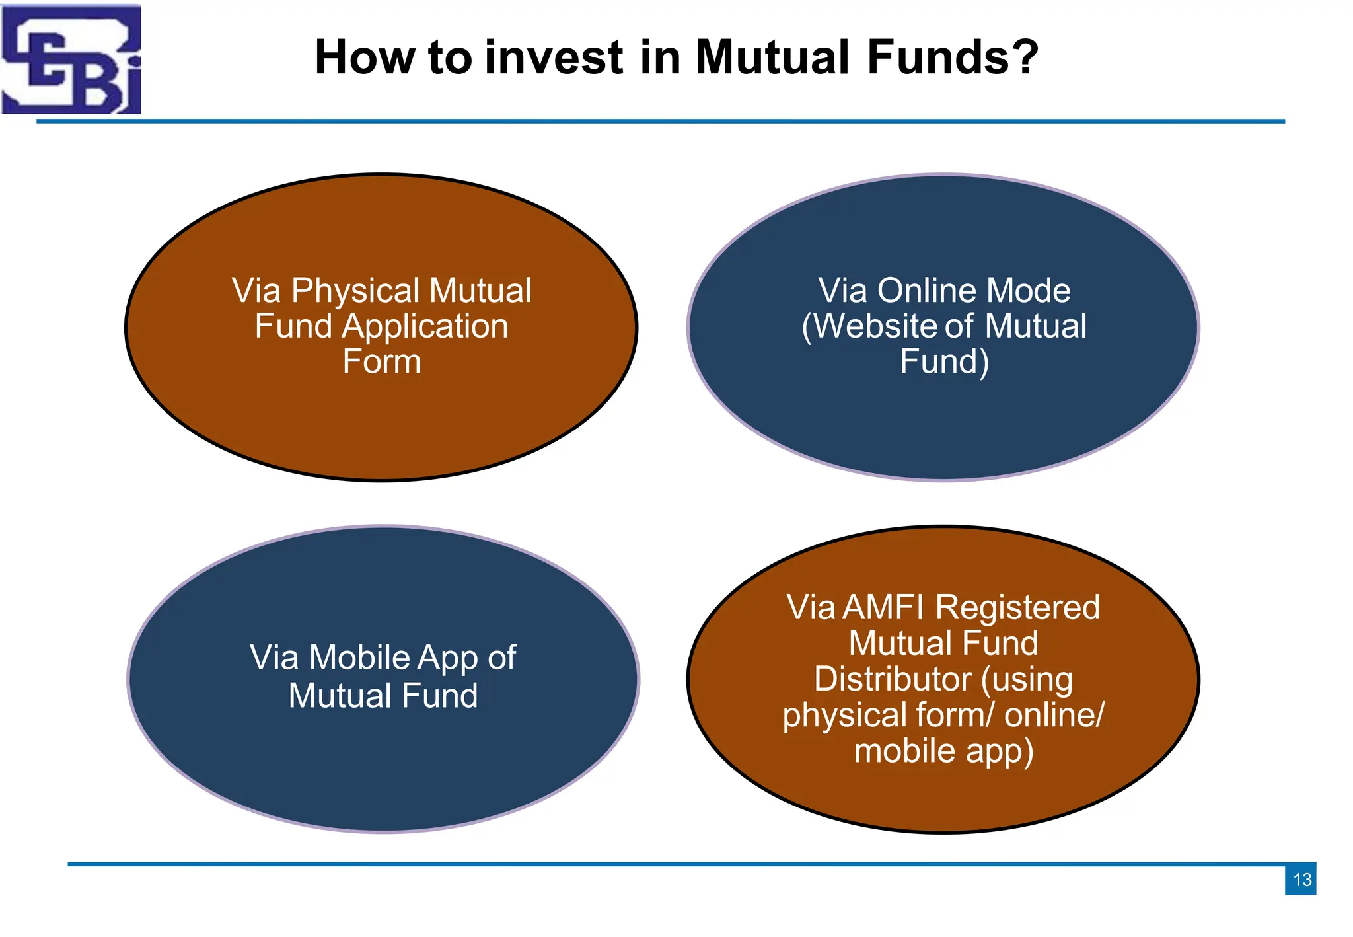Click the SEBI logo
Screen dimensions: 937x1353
click(x=71, y=59)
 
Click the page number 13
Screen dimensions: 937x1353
click(x=1301, y=880)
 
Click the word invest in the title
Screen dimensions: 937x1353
click(x=554, y=57)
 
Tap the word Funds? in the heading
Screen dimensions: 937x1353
click(x=953, y=57)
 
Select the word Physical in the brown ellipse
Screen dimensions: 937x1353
click(x=355, y=291)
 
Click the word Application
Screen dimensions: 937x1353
click(x=425, y=326)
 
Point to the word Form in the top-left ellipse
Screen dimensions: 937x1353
click(x=381, y=362)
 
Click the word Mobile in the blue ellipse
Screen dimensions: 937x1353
click(x=359, y=658)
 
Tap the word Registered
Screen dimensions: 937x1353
click(x=1017, y=609)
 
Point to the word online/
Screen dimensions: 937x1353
click(x=1054, y=715)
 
